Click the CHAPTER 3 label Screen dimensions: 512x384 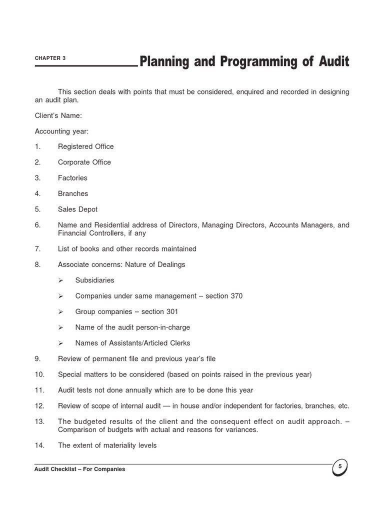click(x=50, y=58)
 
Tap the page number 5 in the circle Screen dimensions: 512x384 click(x=340, y=466)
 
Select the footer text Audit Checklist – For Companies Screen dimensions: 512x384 click(x=80, y=469)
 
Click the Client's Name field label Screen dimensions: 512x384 click(x=58, y=115)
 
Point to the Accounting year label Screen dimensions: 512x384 click(x=61, y=131)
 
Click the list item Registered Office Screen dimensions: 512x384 click(x=85, y=146)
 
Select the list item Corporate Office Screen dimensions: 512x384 click(x=84, y=162)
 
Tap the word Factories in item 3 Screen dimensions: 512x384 click(x=72, y=178)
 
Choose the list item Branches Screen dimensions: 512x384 click(x=73, y=193)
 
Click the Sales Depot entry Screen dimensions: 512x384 click(x=77, y=209)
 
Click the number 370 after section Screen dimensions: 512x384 click(x=236, y=296)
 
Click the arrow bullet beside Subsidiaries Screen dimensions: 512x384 click(x=60, y=280)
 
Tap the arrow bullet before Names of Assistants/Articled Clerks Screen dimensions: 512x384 click(x=60, y=343)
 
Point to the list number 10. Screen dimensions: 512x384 click(x=39, y=374)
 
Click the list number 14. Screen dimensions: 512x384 click(x=39, y=445)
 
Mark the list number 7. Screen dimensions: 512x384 click(x=37, y=248)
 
